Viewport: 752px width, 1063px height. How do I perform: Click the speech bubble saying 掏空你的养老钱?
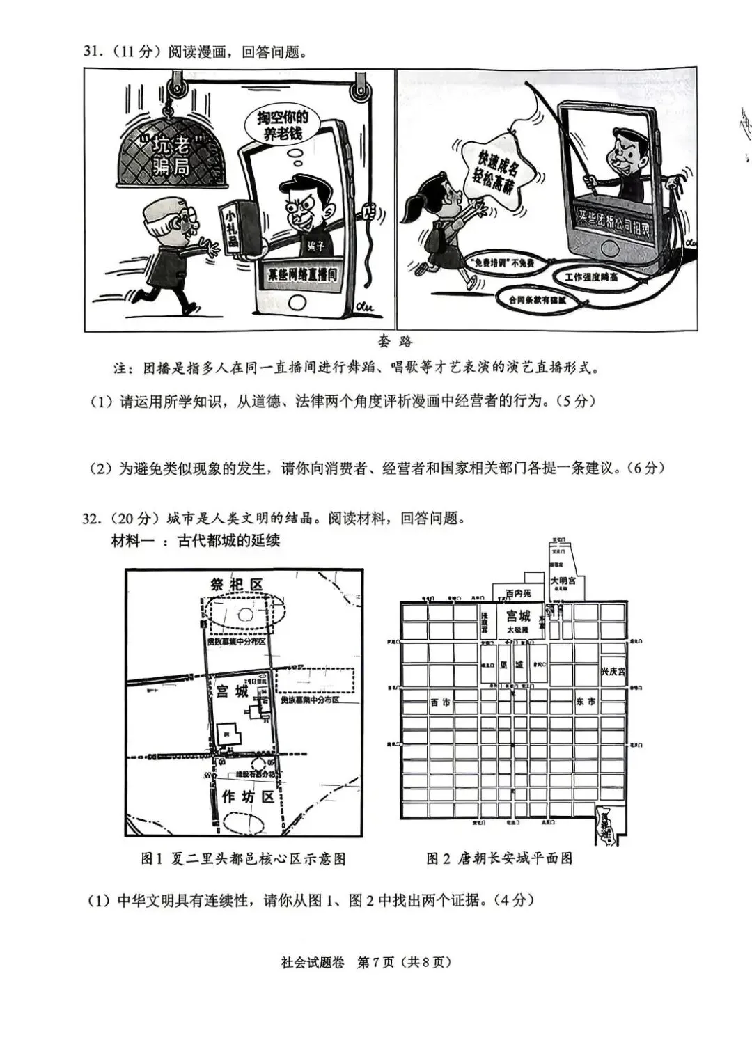click(283, 125)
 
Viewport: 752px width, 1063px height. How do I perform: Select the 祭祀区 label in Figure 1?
click(237, 585)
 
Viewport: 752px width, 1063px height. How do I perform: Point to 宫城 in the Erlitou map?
click(232, 691)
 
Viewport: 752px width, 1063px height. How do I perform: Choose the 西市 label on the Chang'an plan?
click(440, 703)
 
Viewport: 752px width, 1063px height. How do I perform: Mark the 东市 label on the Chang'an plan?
click(586, 702)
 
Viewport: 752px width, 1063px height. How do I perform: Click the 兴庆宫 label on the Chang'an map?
click(613, 672)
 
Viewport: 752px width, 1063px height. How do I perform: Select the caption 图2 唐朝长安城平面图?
click(499, 858)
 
